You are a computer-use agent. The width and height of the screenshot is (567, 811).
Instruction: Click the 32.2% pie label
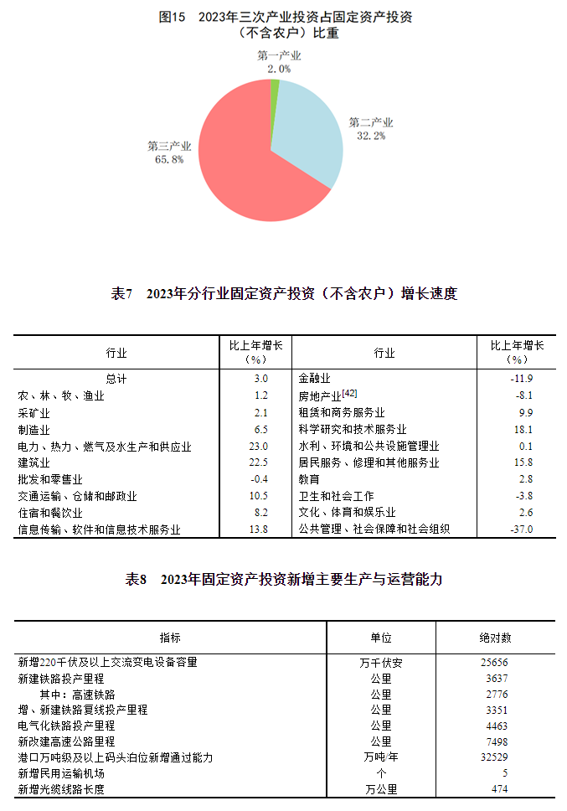(371, 135)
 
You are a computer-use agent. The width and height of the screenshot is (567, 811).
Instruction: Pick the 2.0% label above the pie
(279, 69)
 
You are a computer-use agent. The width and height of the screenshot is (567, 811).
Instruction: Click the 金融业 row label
(315, 379)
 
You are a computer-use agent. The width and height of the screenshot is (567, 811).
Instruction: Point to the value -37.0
(521, 529)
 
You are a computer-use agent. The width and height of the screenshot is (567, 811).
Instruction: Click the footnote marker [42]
(350, 394)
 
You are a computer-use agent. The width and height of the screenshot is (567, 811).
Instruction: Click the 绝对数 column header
(496, 638)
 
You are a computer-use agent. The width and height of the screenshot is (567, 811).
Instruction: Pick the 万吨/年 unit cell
(381, 757)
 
